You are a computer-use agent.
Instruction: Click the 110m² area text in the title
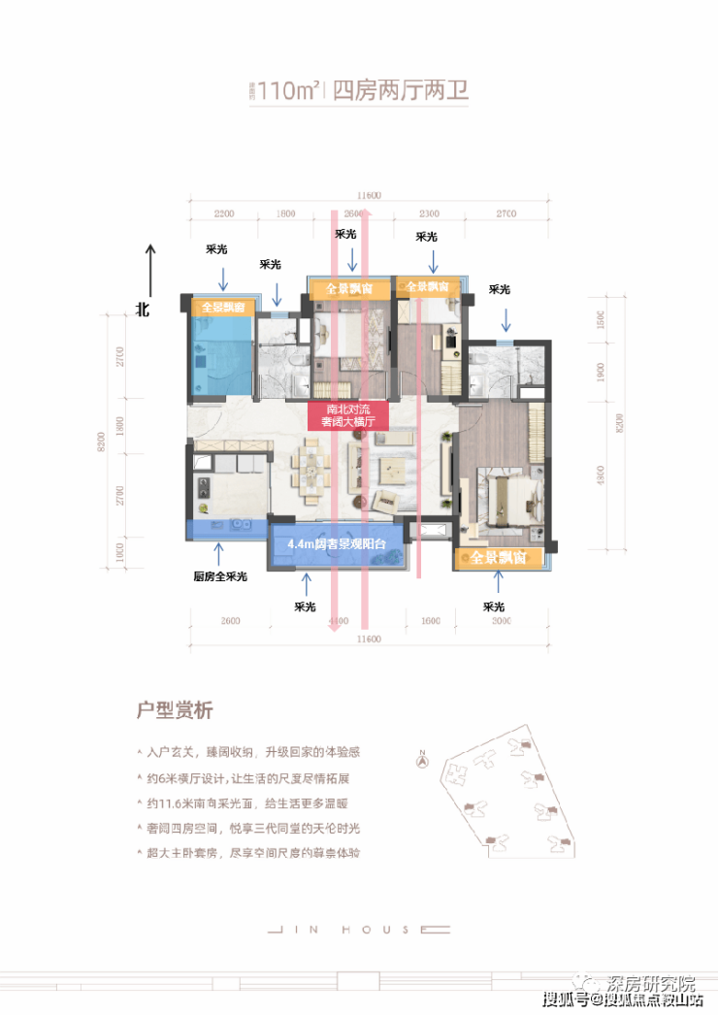pyautogui.click(x=290, y=92)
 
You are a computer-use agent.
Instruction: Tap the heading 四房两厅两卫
pyautogui.click(x=400, y=92)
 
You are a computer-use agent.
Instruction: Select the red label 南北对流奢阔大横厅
pyautogui.click(x=347, y=416)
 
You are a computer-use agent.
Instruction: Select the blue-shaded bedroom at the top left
pyautogui.click(x=222, y=354)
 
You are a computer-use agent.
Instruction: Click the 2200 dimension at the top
pyautogui.click(x=224, y=213)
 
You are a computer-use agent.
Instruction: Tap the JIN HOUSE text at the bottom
pyautogui.click(x=358, y=930)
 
